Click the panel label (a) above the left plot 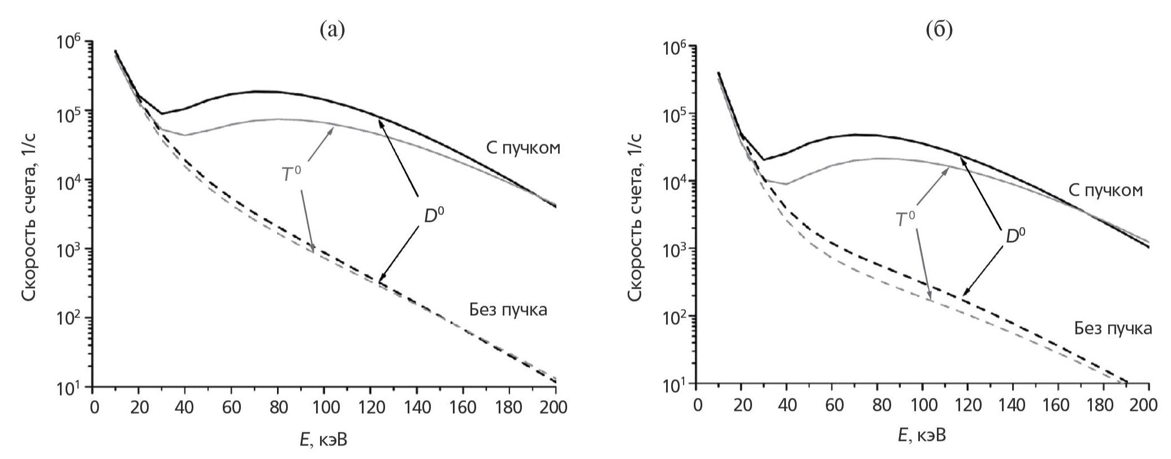click(x=332, y=28)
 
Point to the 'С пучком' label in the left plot click(x=523, y=148)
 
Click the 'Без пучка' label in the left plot click(x=508, y=310)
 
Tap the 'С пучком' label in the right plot click(x=1105, y=190)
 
